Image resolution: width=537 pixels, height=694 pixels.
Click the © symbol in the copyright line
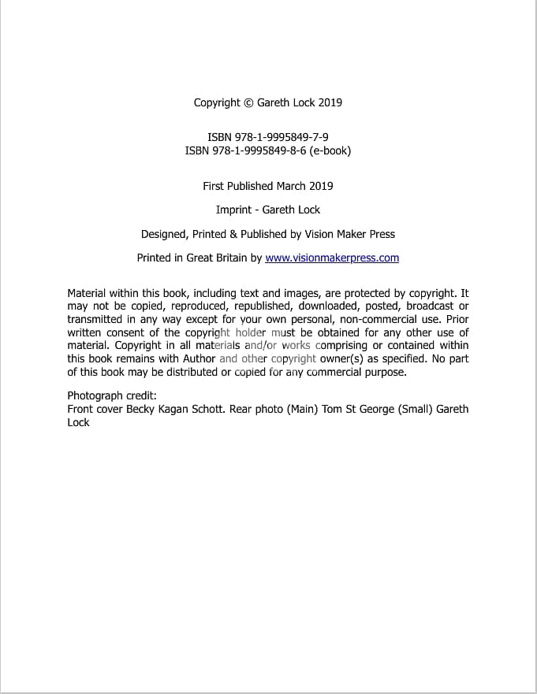[248, 102]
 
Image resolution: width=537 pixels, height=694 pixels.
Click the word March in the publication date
[293, 186]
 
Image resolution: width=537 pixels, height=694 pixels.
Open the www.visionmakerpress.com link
[332, 258]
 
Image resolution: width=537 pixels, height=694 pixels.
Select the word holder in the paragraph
[252, 332]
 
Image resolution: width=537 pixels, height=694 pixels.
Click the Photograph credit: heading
[112, 395]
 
